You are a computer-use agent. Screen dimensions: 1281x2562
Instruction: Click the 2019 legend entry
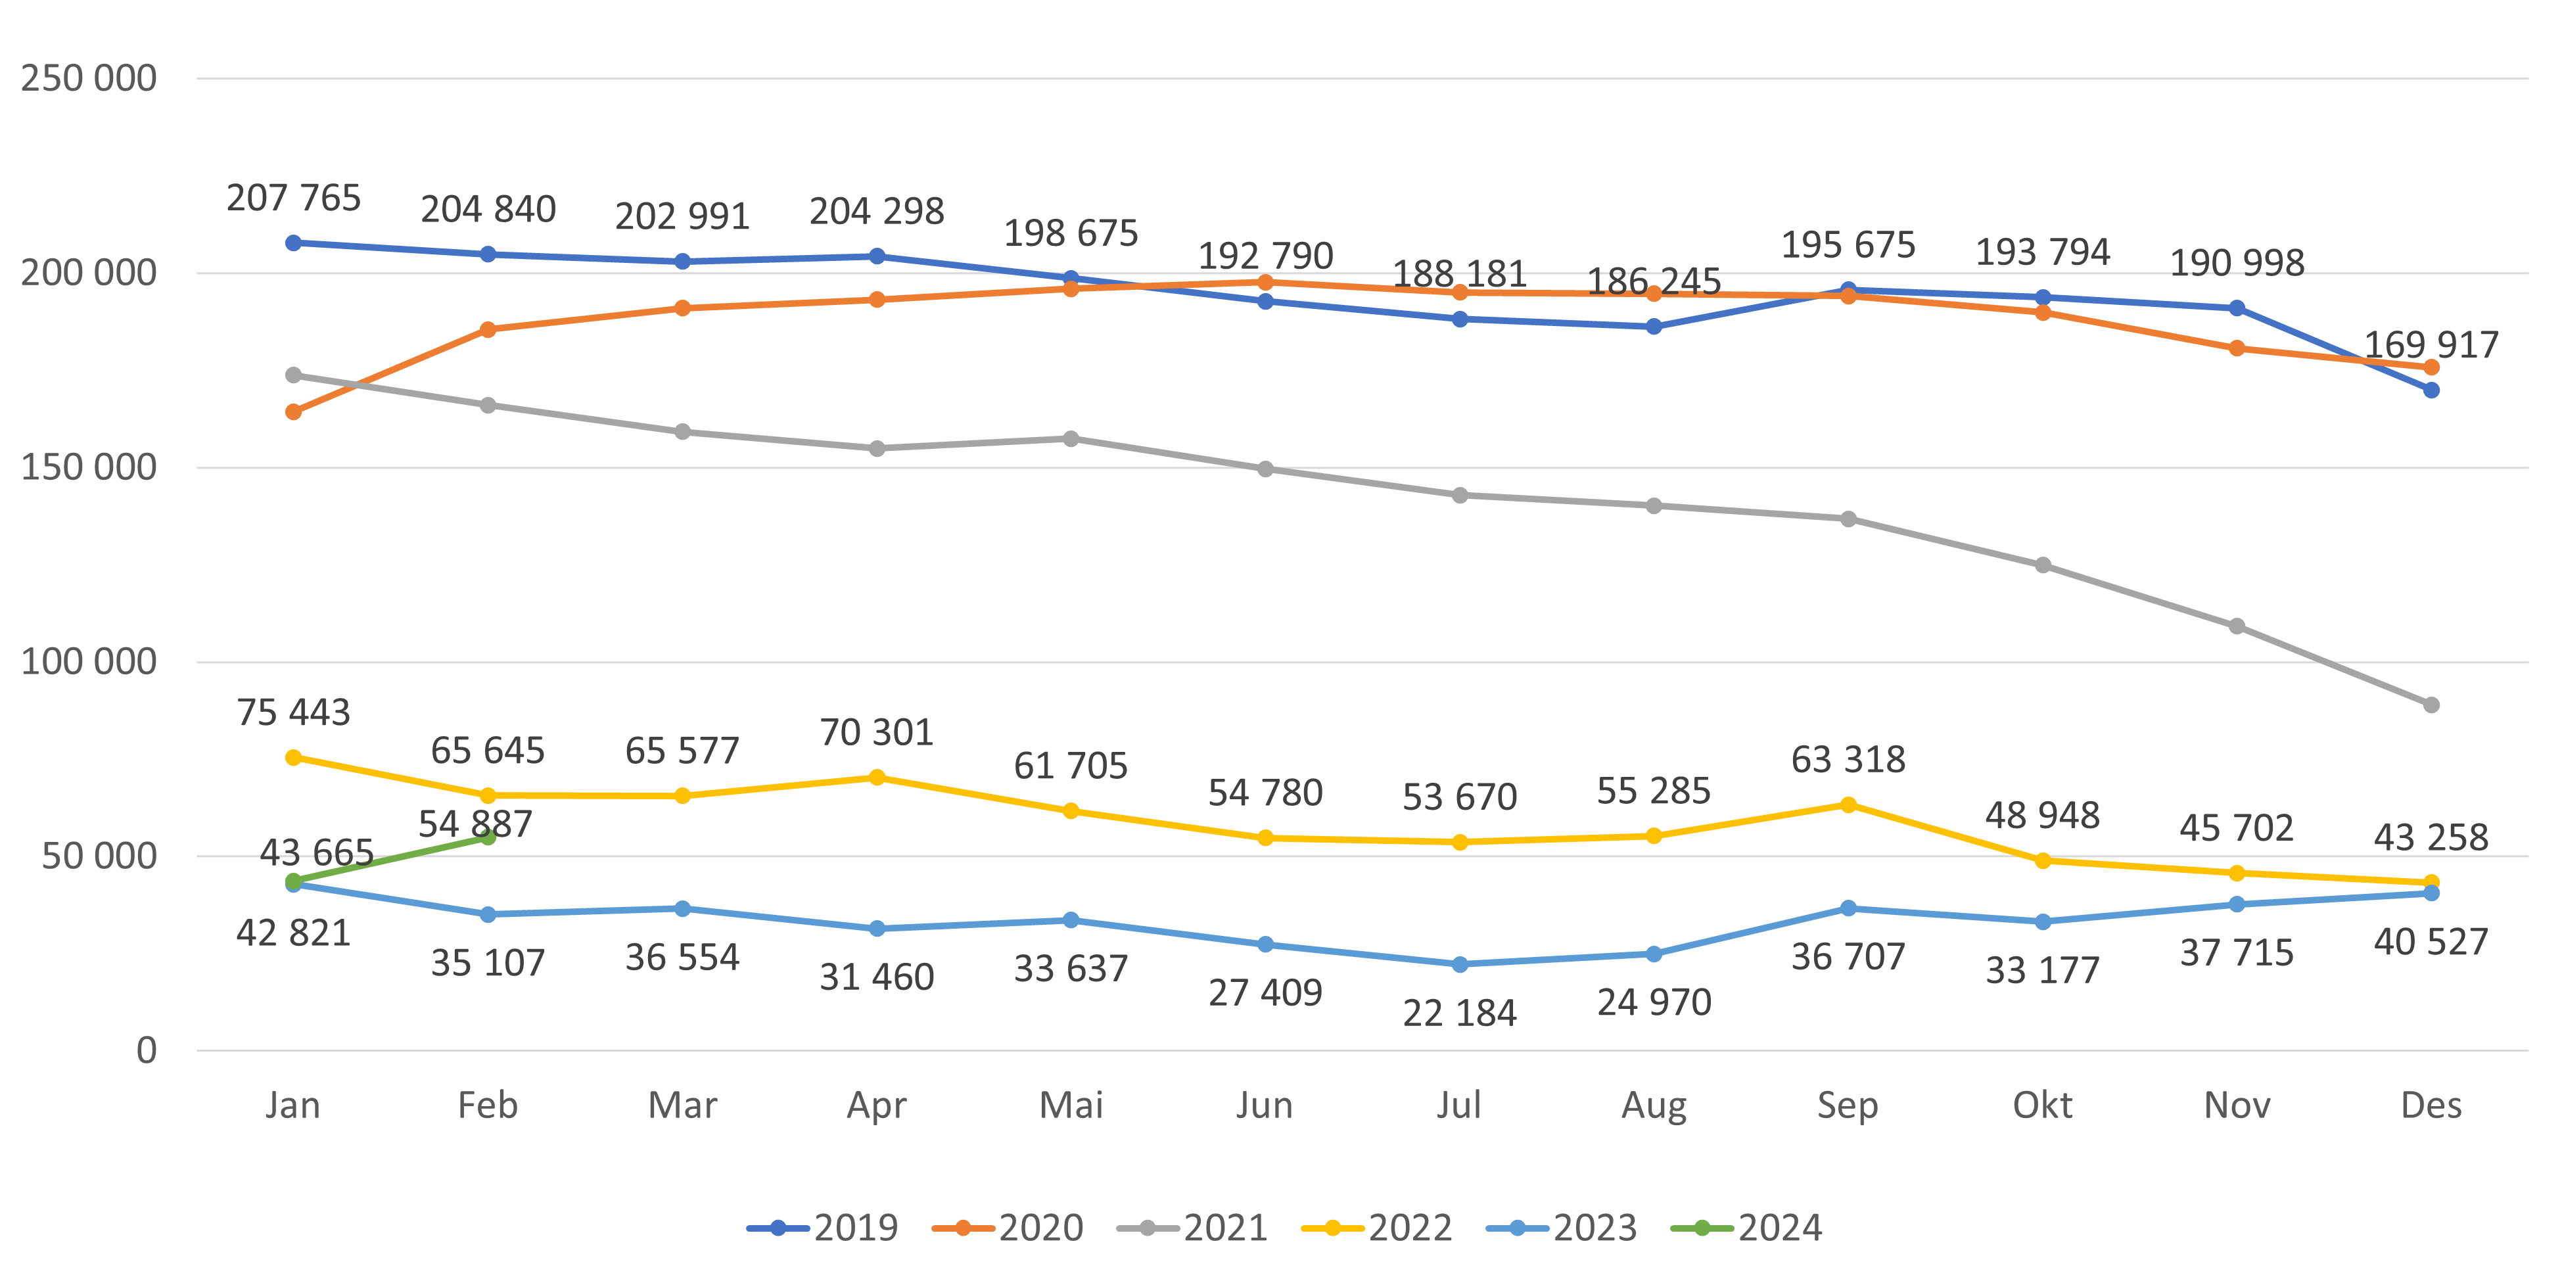pyautogui.click(x=824, y=1228)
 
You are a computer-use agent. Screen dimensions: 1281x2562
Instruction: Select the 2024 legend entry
pyautogui.click(x=1748, y=1228)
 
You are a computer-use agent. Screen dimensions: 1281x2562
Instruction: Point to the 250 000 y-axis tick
pyautogui.click(x=89, y=79)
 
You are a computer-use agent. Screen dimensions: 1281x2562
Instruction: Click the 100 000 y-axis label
pyautogui.click(x=89, y=661)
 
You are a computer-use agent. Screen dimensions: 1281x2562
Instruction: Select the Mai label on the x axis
pyautogui.click(x=1071, y=1105)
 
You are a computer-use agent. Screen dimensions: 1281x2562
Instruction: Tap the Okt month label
pyautogui.click(x=2042, y=1105)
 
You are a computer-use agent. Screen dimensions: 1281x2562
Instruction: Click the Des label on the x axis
pyautogui.click(x=2431, y=1105)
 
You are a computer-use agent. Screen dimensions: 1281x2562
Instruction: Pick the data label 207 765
pyautogui.click(x=293, y=198)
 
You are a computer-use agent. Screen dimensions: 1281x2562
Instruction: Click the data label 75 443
pyautogui.click(x=293, y=712)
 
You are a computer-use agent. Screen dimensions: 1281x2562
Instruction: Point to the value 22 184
pyautogui.click(x=1459, y=1013)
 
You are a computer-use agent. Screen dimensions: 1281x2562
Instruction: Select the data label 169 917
pyautogui.click(x=2431, y=345)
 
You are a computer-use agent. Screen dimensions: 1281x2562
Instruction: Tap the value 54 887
pyautogui.click(x=475, y=824)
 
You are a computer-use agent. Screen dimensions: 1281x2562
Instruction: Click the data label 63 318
pyautogui.click(x=1848, y=760)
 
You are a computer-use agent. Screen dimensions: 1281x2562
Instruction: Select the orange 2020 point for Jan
pyautogui.click(x=293, y=411)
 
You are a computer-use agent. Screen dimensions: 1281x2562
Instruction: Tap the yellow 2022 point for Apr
pyautogui.click(x=876, y=778)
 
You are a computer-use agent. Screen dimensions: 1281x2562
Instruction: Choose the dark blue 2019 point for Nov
pyautogui.click(x=2237, y=308)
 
